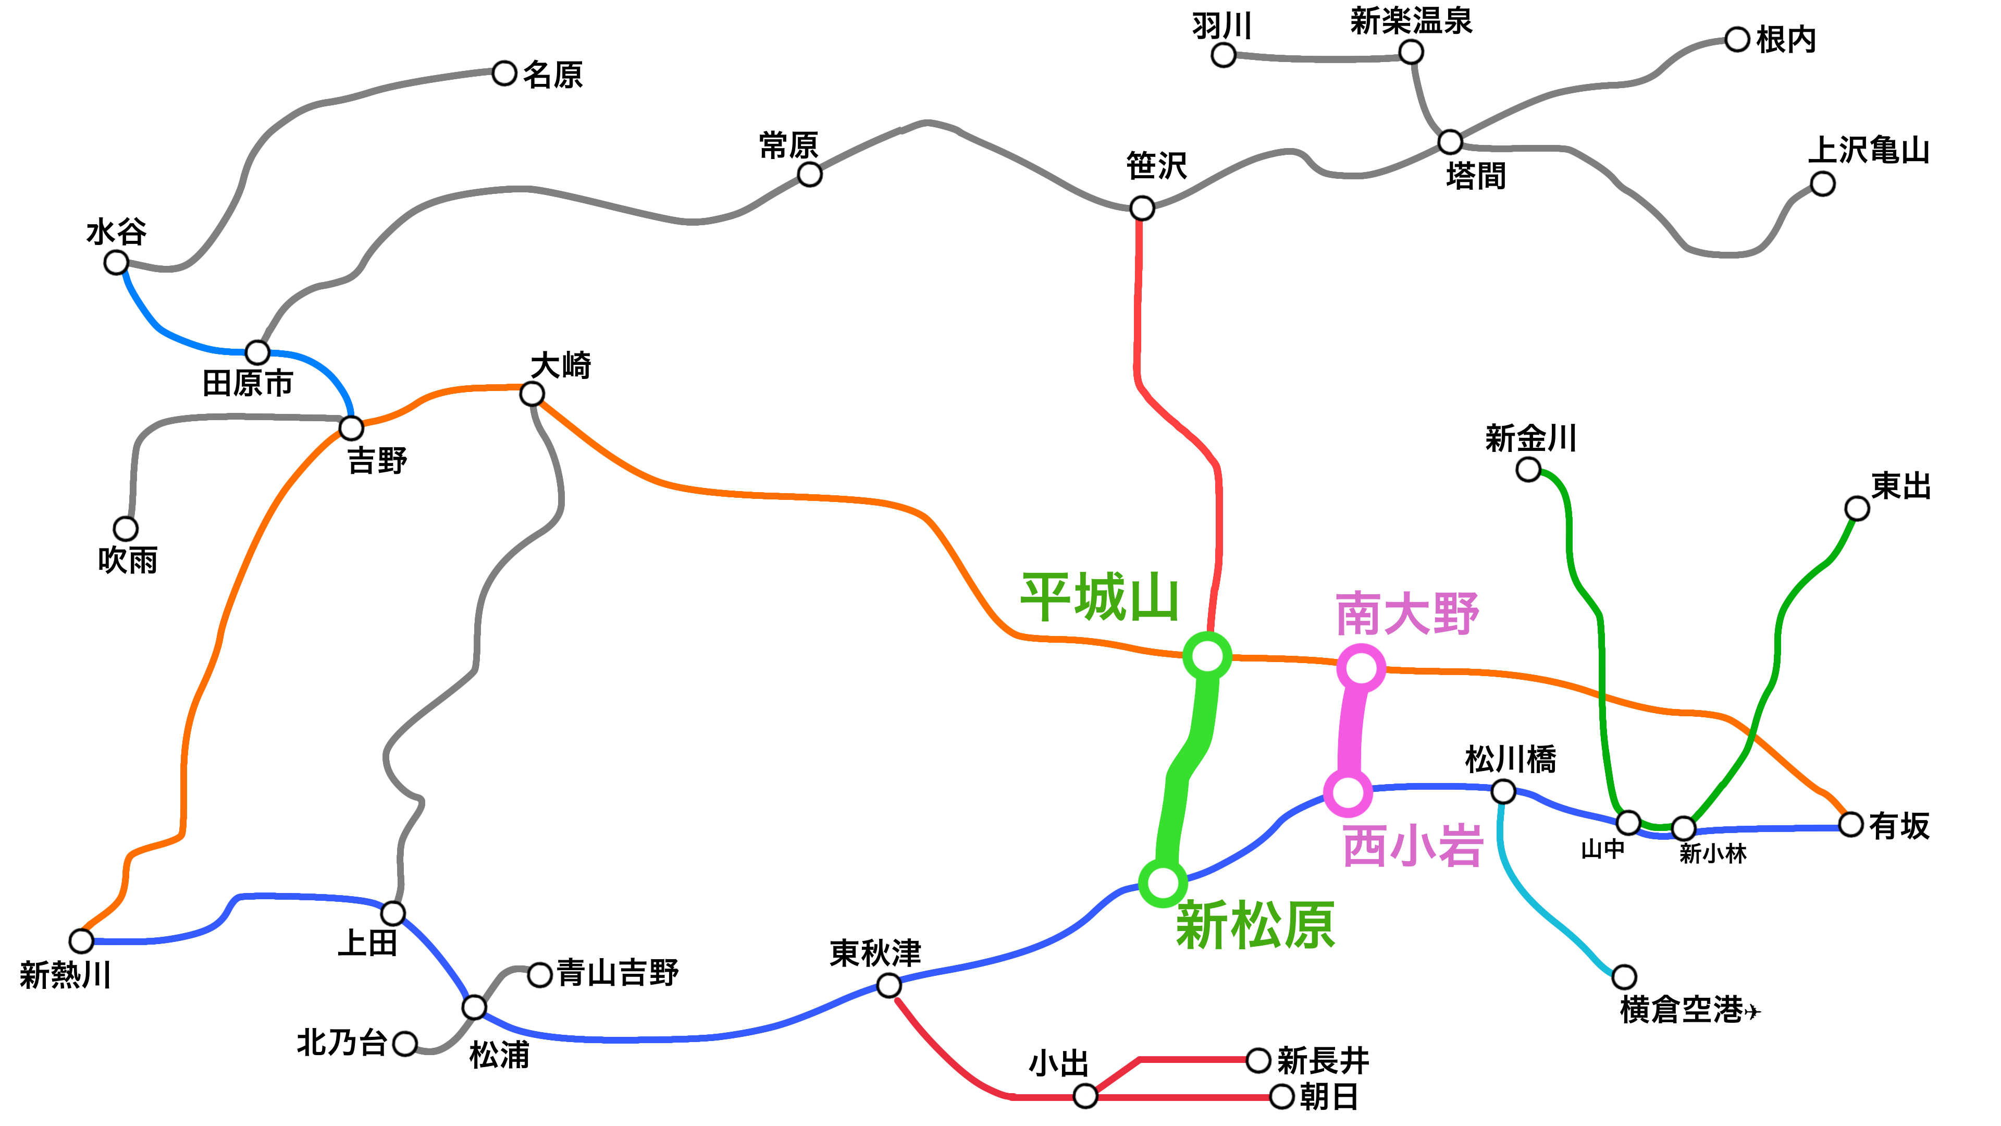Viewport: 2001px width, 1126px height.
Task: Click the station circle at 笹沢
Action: pyautogui.click(x=1141, y=209)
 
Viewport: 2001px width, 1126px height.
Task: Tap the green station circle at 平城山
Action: pyautogui.click(x=1206, y=657)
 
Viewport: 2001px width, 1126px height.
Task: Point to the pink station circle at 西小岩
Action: pyautogui.click(x=1348, y=792)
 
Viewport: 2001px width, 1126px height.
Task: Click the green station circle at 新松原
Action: pyautogui.click(x=1162, y=882)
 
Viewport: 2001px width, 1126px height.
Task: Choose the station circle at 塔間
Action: pyautogui.click(x=1450, y=142)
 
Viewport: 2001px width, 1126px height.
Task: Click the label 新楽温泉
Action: pyautogui.click(x=1411, y=21)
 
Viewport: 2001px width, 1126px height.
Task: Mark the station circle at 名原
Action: pyautogui.click(x=504, y=74)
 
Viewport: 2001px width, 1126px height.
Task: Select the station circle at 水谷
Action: pyautogui.click(x=116, y=263)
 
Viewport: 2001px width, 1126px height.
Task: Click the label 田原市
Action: pyautogui.click(x=248, y=383)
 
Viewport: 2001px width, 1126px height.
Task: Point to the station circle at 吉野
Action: pyautogui.click(x=351, y=427)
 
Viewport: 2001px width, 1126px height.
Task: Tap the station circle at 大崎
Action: pyautogui.click(x=532, y=393)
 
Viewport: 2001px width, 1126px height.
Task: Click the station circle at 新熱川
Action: pyautogui.click(x=81, y=941)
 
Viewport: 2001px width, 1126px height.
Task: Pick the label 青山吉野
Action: pyautogui.click(x=617, y=973)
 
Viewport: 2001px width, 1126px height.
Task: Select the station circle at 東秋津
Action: pyautogui.click(x=888, y=985)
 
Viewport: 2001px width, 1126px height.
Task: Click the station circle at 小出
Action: pyautogui.click(x=1085, y=1096)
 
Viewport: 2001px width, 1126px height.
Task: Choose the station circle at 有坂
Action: pyautogui.click(x=1851, y=825)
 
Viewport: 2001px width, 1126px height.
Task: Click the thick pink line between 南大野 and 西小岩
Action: pyautogui.click(x=1352, y=730)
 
